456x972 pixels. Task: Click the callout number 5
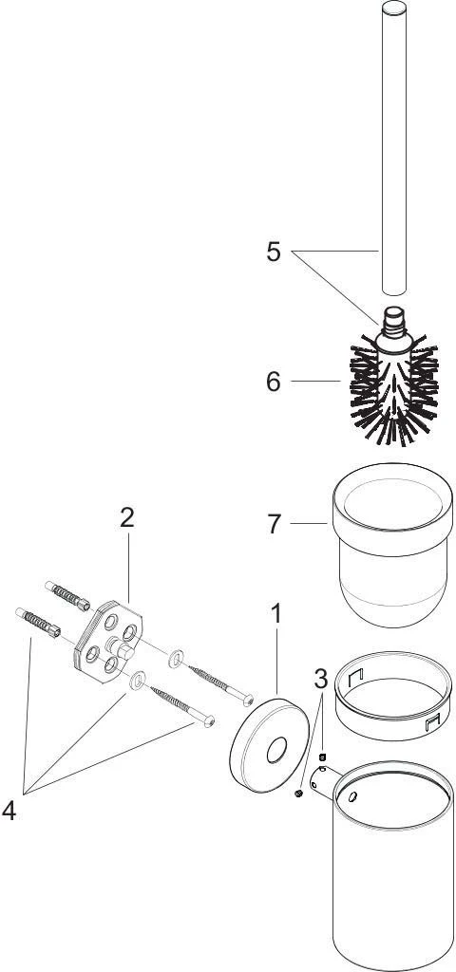point(274,252)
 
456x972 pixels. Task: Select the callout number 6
point(274,382)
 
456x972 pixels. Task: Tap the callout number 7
point(275,524)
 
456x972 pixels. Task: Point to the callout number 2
point(127,517)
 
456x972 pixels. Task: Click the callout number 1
point(276,614)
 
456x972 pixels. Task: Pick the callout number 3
point(321,680)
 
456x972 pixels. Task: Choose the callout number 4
point(9,811)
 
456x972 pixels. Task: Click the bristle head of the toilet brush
point(394,389)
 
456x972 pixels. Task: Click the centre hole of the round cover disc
point(276,751)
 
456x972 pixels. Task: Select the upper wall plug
point(67,596)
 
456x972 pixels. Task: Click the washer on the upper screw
point(176,658)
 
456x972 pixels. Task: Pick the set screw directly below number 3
point(322,757)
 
